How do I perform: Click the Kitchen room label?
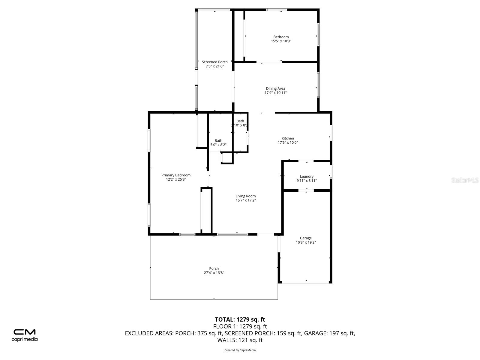click(x=288, y=138)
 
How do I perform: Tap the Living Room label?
click(x=246, y=196)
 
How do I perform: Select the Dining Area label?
click(x=275, y=88)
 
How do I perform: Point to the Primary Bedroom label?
click(x=176, y=175)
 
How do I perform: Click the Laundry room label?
click(x=307, y=176)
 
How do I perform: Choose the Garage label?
click(x=305, y=238)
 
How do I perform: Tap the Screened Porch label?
click(x=214, y=62)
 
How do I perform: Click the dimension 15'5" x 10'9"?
click(x=281, y=41)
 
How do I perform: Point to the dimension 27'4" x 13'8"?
click(x=214, y=273)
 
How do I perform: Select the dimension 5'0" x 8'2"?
click(x=218, y=145)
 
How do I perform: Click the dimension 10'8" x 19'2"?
click(x=306, y=242)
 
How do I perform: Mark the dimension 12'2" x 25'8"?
click(x=176, y=179)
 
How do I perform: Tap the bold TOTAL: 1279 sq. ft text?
click(x=240, y=319)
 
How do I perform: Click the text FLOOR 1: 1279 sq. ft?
click(x=240, y=327)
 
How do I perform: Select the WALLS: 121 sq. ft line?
click(x=240, y=340)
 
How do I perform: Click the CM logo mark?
click(x=25, y=332)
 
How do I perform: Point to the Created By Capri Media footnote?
click(x=240, y=350)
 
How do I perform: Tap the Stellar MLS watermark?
click(x=465, y=180)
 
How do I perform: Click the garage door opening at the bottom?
click(x=305, y=282)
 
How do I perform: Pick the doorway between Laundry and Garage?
click(x=306, y=190)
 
